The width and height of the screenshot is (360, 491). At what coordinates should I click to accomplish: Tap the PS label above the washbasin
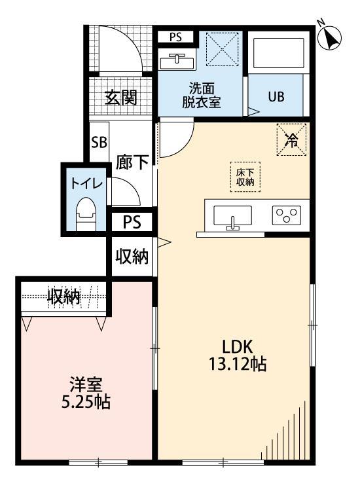(175, 37)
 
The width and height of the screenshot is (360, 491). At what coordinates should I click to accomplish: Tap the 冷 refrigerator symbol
(291, 139)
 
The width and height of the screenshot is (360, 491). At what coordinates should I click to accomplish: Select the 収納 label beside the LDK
(132, 256)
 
